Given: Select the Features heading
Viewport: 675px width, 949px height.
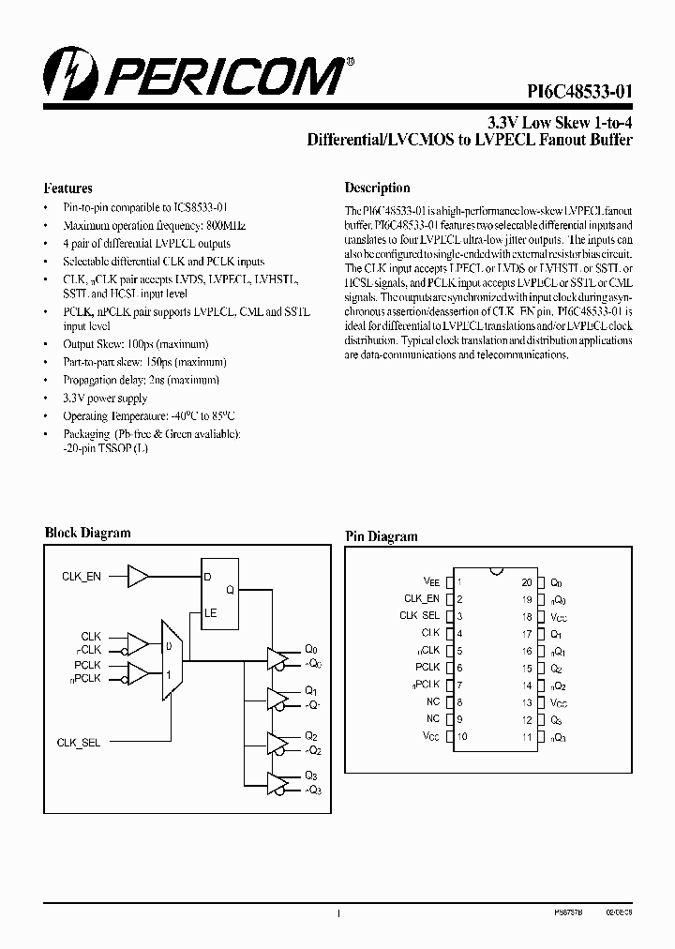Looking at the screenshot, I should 68,188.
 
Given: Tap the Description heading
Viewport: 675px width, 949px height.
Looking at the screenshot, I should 377,188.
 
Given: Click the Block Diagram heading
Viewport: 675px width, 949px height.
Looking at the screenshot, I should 88,533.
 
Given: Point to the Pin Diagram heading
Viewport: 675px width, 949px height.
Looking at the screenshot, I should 381,536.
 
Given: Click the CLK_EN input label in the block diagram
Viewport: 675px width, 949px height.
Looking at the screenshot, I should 81,577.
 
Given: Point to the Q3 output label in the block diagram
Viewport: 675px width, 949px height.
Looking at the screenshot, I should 311,776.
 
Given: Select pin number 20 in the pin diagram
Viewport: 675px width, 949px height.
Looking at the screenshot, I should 528,582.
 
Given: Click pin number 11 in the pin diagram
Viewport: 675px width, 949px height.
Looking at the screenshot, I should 528,737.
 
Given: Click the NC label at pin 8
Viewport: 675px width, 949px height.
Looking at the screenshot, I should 432,701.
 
